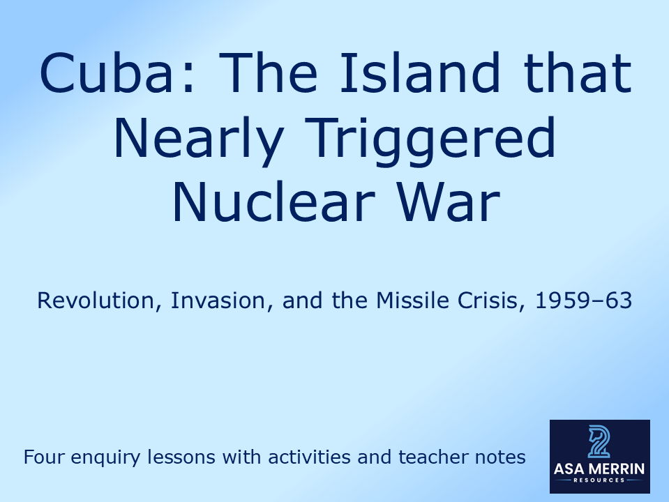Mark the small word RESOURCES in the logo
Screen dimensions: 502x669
pyautogui.click(x=599, y=480)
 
